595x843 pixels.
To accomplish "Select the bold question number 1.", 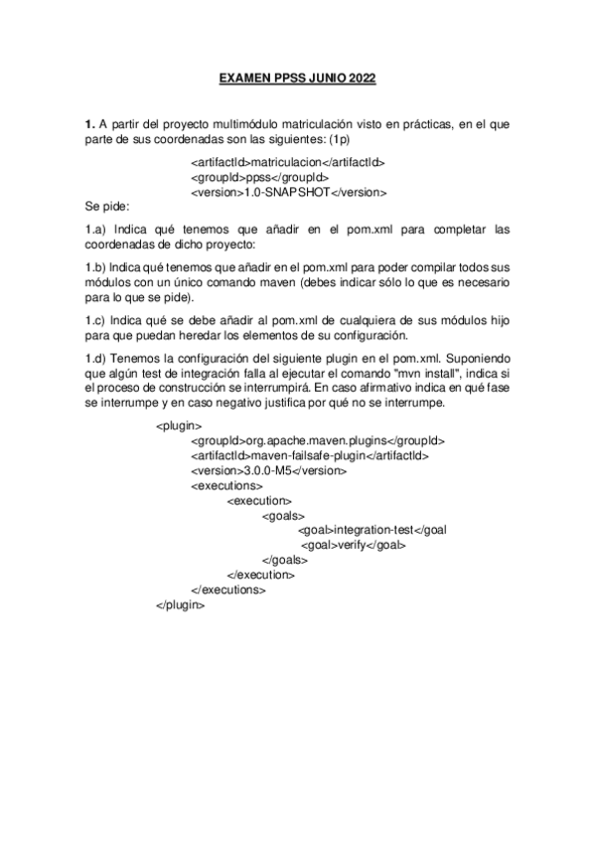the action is point(88,124).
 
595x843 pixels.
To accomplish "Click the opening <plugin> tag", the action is point(180,425).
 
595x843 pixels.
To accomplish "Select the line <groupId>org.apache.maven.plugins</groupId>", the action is point(317,440).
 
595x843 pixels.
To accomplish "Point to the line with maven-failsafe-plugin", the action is point(309,455).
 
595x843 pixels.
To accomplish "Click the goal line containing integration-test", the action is point(372,530).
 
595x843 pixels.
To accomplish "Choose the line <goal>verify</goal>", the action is point(354,545).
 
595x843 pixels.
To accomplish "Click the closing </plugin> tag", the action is point(181,604).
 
